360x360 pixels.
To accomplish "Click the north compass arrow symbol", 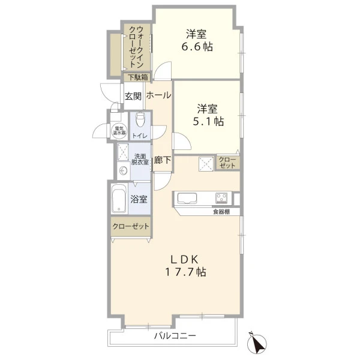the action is [x=256, y=341].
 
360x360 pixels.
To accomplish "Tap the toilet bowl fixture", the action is [x=139, y=119].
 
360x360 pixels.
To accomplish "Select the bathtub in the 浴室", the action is [x=119, y=199].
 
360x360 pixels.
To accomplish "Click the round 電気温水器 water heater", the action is [x=119, y=131].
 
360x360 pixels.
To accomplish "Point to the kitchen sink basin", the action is [x=187, y=198].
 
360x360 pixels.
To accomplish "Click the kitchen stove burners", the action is [x=221, y=198].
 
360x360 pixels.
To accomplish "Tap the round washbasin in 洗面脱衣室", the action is [x=123, y=170].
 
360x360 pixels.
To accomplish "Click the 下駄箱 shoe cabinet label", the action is [x=138, y=77].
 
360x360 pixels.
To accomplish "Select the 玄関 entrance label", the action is [x=133, y=96].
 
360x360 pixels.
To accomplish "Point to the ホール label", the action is [x=158, y=95].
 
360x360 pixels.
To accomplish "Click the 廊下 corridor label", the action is [x=163, y=160].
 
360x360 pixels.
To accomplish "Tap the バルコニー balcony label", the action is [x=175, y=336].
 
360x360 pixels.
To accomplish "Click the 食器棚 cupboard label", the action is [x=221, y=212].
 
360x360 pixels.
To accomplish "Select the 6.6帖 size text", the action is [x=197, y=47].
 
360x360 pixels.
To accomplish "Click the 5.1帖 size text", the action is [x=208, y=121].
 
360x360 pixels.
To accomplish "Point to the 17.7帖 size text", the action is [x=185, y=272].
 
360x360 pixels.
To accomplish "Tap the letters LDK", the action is [x=184, y=259].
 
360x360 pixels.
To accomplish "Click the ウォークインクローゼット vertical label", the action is [x=137, y=47].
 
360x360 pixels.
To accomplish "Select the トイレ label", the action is [x=140, y=136].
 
